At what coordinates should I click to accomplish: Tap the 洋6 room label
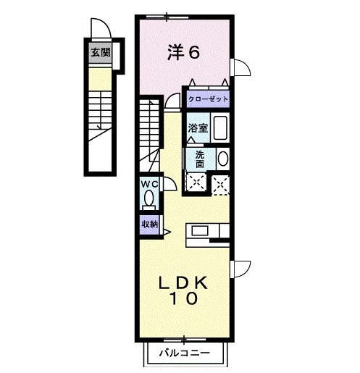pyautogui.click(x=184, y=52)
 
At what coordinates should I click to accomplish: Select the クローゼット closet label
pyautogui.click(x=208, y=99)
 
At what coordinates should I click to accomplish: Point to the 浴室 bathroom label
pyautogui.click(x=197, y=128)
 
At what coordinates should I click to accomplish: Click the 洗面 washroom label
pyautogui.click(x=198, y=159)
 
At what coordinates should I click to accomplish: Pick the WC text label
pyautogui.click(x=149, y=184)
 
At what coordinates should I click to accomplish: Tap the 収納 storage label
pyautogui.click(x=150, y=224)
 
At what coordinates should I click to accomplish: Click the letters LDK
pyautogui.click(x=184, y=283)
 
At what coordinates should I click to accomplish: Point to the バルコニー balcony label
pyautogui.click(x=185, y=353)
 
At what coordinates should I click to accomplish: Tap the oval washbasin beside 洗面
pyautogui.click(x=222, y=159)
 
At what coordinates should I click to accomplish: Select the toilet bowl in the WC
pyautogui.click(x=150, y=197)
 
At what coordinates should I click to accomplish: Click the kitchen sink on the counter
pyautogui.click(x=200, y=231)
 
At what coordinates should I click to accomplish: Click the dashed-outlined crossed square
pyautogui.click(x=221, y=183)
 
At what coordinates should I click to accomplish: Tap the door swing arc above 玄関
pyautogui.click(x=99, y=30)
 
